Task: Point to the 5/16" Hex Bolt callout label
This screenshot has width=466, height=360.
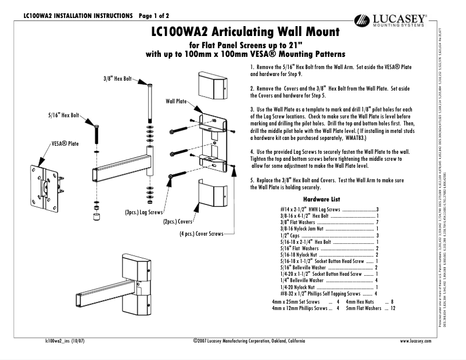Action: [x=63, y=116]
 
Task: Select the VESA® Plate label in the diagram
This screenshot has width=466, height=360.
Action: [x=65, y=143]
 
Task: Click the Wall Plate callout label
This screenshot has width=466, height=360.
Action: [x=176, y=101]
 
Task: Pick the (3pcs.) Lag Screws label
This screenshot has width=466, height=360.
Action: [x=144, y=213]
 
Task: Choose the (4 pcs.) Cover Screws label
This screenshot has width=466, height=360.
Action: [x=201, y=234]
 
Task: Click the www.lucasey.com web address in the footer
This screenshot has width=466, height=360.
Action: [x=416, y=341]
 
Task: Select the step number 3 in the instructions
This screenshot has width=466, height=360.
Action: [x=252, y=109]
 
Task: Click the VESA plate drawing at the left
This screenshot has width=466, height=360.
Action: [x=46, y=181]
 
